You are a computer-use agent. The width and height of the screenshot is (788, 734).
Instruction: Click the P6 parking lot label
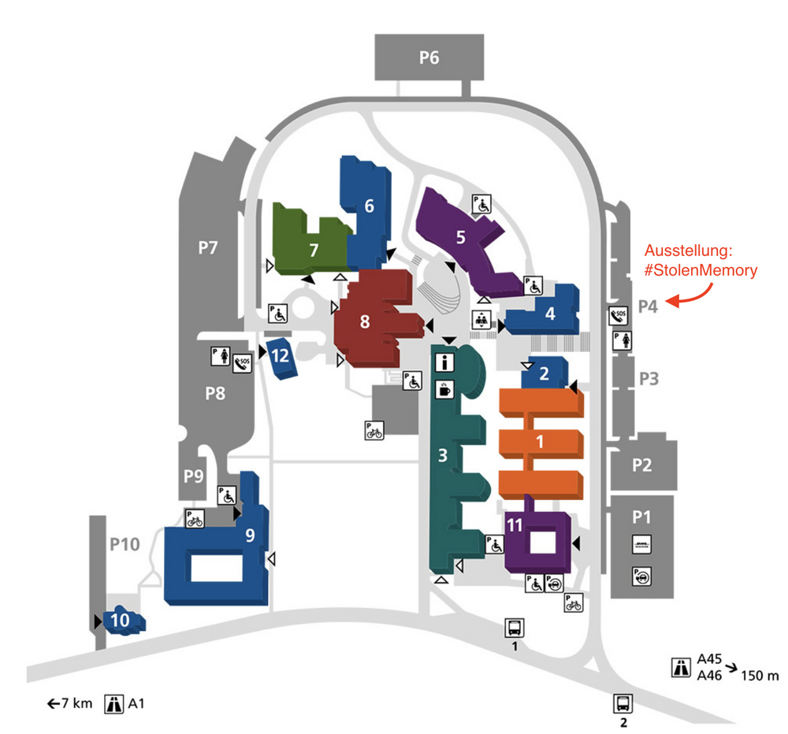[x=429, y=57]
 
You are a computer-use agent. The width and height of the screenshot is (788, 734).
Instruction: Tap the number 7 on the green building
[x=313, y=250]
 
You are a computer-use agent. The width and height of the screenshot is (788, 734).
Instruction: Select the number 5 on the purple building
[x=461, y=235]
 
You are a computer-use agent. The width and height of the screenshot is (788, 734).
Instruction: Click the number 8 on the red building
[x=364, y=322]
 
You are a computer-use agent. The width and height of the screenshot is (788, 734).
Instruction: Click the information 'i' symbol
[x=446, y=363]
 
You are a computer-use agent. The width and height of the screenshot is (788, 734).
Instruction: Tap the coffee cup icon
[x=446, y=388]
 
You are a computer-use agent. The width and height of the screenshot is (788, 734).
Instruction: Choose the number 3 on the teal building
[x=443, y=454]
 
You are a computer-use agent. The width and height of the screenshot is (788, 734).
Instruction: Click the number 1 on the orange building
[x=540, y=442]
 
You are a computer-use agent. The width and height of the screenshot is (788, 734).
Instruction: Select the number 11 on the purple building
[x=515, y=525]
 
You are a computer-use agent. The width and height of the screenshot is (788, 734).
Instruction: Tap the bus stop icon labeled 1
[x=514, y=628]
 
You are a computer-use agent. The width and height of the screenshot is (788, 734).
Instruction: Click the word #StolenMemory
[x=701, y=270]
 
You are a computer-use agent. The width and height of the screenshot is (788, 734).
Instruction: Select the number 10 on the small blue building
[x=120, y=620]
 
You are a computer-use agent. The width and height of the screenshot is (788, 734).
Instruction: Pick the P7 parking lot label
[x=207, y=249]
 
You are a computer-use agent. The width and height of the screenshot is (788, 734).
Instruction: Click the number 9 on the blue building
[x=250, y=536]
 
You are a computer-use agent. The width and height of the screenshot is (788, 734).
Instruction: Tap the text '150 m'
[x=761, y=675]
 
